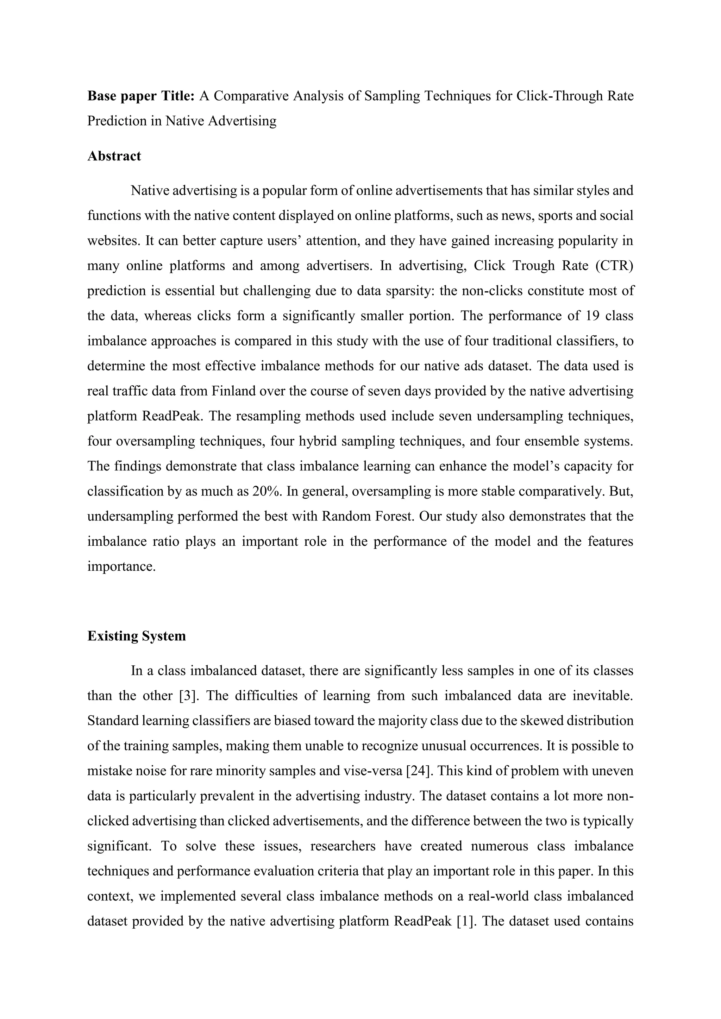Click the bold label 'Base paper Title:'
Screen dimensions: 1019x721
tap(141, 96)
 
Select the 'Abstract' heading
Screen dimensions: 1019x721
tap(114, 156)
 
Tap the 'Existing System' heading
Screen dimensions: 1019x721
tap(136, 636)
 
